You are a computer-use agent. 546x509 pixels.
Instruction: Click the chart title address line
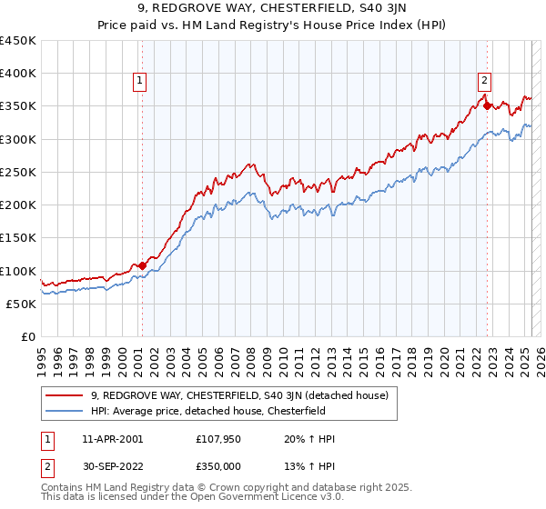point(272,11)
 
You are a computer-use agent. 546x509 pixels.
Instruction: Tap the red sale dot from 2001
point(142,265)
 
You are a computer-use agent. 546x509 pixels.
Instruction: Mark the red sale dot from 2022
point(487,105)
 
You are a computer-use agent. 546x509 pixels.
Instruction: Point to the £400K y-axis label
point(18,74)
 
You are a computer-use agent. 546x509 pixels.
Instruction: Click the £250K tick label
point(18,172)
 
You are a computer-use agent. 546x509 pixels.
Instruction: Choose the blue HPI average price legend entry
point(220,411)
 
